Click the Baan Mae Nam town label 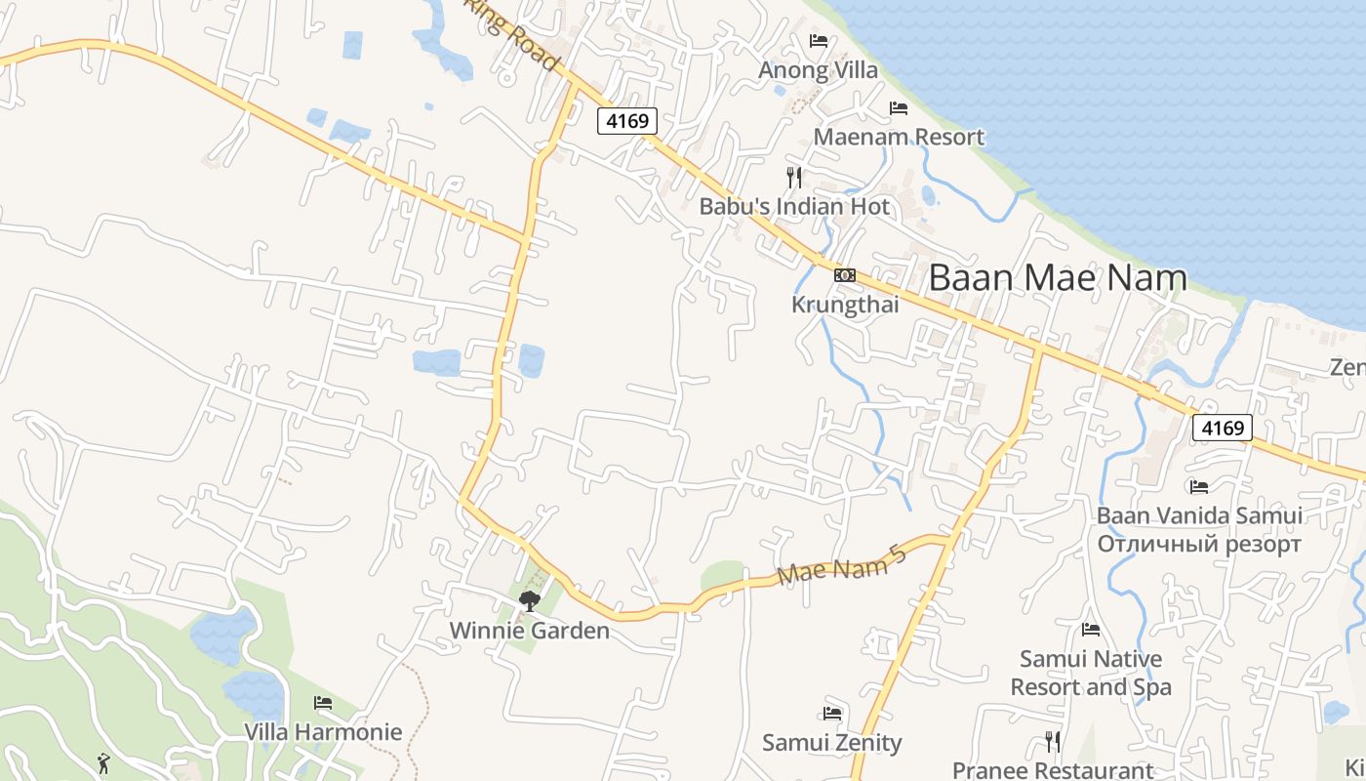tap(1058, 278)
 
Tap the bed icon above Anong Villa tap(819, 41)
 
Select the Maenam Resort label tap(899, 137)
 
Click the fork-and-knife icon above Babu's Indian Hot tap(794, 177)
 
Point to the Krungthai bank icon tap(845, 275)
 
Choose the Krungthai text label tap(845, 305)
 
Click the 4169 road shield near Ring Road tap(627, 121)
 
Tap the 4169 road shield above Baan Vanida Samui tap(1223, 428)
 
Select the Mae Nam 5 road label tap(843, 566)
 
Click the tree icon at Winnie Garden tap(530, 601)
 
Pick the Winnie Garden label tap(530, 631)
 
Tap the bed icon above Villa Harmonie tap(323, 703)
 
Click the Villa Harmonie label tap(323, 732)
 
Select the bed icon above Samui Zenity tap(832, 714)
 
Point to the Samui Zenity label tap(832, 743)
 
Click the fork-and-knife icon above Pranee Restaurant tap(1053, 742)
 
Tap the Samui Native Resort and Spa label tap(1091, 673)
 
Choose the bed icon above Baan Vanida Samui tap(1199, 486)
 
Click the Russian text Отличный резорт tap(1199, 544)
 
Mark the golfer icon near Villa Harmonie tap(104, 762)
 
